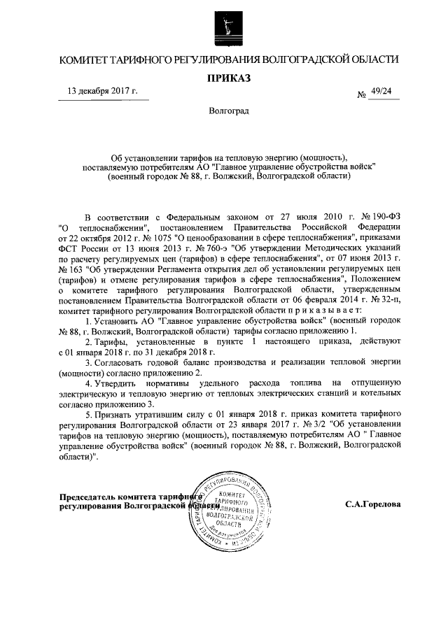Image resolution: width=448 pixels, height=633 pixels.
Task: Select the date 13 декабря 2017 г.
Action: (x=102, y=91)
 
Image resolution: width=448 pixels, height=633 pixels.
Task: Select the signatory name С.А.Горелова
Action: (x=372, y=504)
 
